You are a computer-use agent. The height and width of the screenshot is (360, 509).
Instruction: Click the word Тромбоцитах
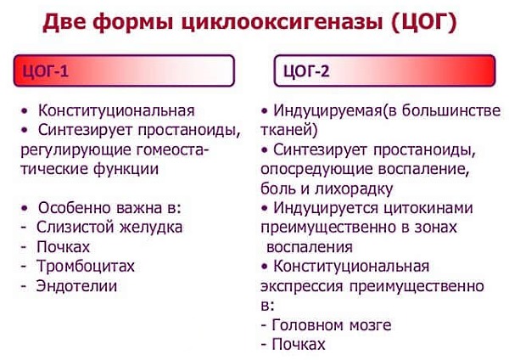[x=86, y=266]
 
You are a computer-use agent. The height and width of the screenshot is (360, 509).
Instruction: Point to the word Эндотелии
[x=76, y=285]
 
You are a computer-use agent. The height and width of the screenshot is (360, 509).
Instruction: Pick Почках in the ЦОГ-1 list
[x=64, y=246]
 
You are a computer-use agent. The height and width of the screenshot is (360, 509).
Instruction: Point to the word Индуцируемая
[x=327, y=110]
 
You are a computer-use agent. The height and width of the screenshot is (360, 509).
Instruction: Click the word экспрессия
[x=310, y=285]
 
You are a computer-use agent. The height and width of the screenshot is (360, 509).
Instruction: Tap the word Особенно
[x=76, y=208]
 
